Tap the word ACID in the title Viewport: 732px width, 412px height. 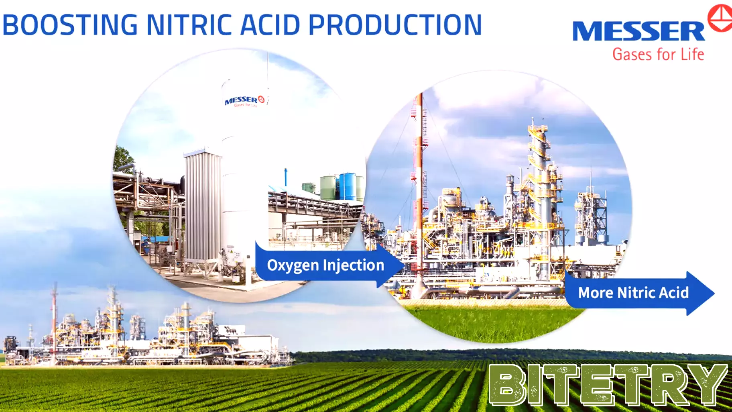(x=270, y=25)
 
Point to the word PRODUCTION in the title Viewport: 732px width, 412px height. (x=395, y=25)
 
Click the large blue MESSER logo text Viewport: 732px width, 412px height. (x=638, y=31)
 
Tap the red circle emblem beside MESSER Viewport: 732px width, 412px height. (x=720, y=18)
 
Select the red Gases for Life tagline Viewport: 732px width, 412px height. (x=658, y=54)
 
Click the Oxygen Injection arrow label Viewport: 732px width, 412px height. (x=325, y=265)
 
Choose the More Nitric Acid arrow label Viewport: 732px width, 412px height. (x=633, y=293)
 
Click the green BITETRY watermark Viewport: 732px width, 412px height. (x=608, y=385)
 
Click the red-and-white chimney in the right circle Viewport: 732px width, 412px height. (x=420, y=181)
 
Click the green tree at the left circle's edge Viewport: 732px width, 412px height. (x=122, y=161)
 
